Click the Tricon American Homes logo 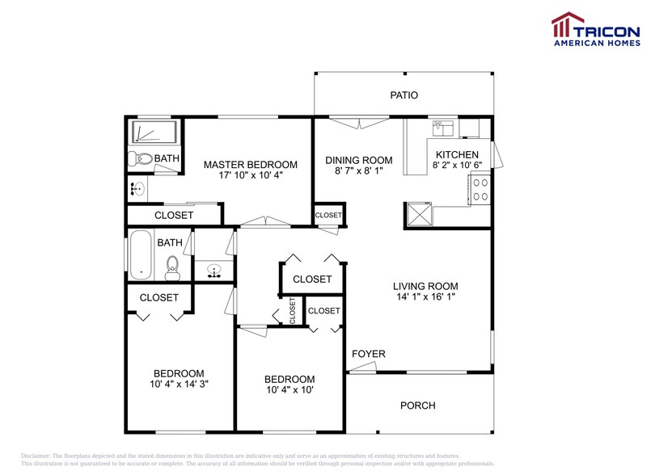[x=595, y=29]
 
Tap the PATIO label [x=404, y=95]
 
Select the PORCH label [x=417, y=406]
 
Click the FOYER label [x=368, y=354]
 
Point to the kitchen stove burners [x=479, y=189]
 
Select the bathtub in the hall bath [x=141, y=256]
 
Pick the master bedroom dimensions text [x=250, y=175]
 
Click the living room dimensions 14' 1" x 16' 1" [x=425, y=296]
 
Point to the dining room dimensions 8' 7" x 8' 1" [x=359, y=171]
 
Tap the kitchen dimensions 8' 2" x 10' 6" [x=457, y=166]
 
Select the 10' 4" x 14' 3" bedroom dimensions [x=179, y=384]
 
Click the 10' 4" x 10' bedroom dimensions [x=290, y=390]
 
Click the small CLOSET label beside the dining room [x=328, y=215]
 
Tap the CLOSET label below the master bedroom [x=174, y=215]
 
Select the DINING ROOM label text [x=359, y=160]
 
